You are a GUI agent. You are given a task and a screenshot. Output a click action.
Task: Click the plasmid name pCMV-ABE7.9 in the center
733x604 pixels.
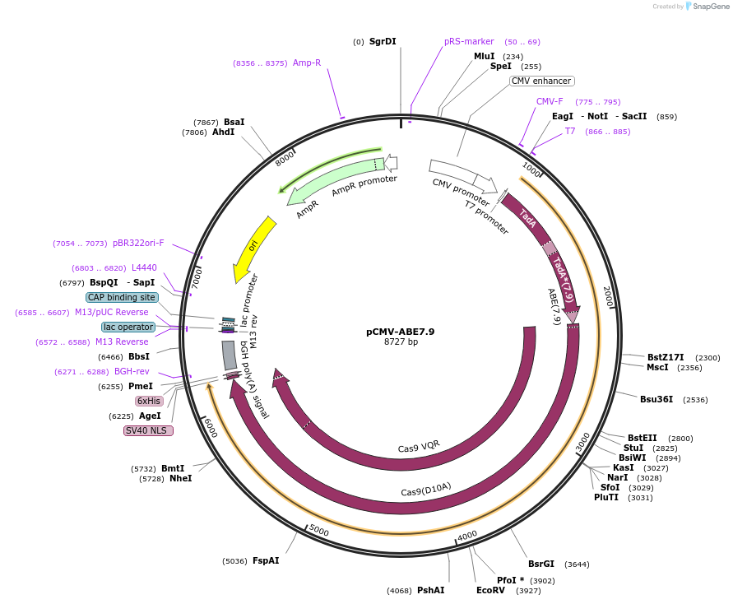401,332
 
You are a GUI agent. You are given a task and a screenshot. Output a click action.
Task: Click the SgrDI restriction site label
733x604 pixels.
383,41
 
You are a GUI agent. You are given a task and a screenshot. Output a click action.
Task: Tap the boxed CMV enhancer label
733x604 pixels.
541,81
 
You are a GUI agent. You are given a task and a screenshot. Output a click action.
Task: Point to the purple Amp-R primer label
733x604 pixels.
307,63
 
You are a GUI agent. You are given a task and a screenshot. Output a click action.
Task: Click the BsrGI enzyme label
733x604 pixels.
541,564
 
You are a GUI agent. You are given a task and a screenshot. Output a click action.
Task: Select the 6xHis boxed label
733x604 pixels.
149,401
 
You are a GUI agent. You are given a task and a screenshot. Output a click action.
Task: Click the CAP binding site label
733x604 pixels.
122,297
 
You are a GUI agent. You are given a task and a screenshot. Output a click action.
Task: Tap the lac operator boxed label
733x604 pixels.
128,327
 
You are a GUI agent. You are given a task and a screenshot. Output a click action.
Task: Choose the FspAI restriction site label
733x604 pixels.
266,560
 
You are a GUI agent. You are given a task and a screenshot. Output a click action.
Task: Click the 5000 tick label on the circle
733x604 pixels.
318,531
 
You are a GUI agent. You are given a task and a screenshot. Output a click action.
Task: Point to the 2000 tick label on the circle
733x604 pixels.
608,297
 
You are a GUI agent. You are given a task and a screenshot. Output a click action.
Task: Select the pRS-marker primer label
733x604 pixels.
469,41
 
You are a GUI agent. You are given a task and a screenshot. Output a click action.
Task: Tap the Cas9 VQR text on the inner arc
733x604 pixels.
419,446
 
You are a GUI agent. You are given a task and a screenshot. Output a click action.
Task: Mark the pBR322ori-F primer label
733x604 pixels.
138,243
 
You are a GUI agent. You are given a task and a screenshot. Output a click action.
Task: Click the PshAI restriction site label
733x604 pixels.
430,590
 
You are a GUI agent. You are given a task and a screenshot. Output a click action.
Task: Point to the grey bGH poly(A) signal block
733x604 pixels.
229,355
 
